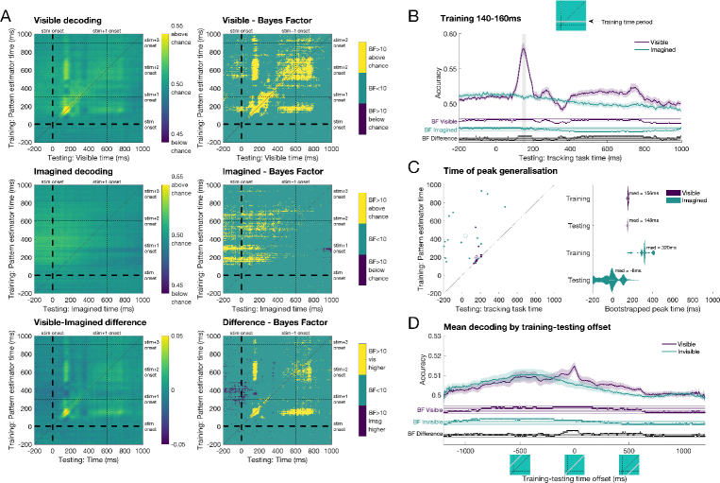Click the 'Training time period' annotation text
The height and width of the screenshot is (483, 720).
point(649,19)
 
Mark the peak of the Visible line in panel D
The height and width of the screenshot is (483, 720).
point(575,367)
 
